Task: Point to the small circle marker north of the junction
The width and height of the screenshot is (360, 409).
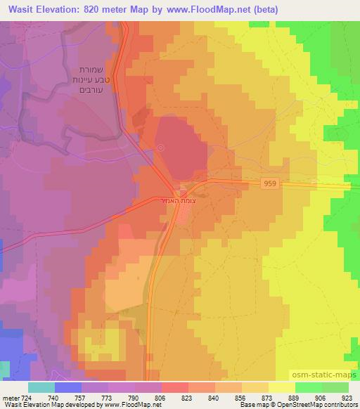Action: pyautogui.click(x=161, y=148)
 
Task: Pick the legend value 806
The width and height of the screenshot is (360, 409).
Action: pyautogui.click(x=161, y=398)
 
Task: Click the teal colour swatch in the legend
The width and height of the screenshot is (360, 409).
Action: pyautogui.click(x=41, y=387)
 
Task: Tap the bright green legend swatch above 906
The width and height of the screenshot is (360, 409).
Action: pyautogui.click(x=307, y=387)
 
